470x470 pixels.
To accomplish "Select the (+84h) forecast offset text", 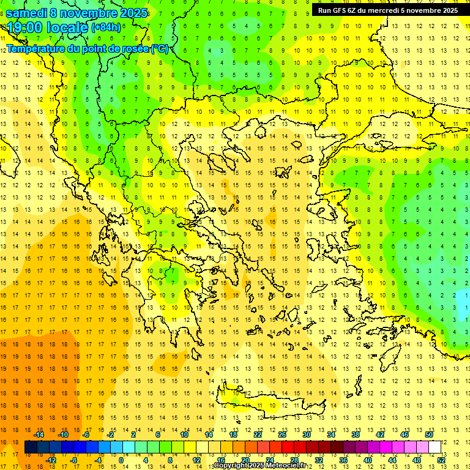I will pyautogui.click(x=106, y=28).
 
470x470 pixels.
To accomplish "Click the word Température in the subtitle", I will pyautogui.click(x=37, y=48).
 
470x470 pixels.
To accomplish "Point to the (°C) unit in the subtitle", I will pyautogui.click(x=160, y=48).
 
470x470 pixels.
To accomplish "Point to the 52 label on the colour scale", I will pyautogui.click(x=441, y=460).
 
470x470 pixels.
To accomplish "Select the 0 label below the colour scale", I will pyautogui.click(x=121, y=460).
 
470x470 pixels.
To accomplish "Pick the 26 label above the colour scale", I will pyautogui.click(x=282, y=435).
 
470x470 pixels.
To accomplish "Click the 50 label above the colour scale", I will pyautogui.click(x=429, y=435).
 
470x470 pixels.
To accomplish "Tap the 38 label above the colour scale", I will pyautogui.click(x=356, y=435).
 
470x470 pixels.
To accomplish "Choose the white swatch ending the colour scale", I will pyautogui.click(x=435, y=447).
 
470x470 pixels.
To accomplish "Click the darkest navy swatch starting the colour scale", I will pyautogui.click(x=31, y=447).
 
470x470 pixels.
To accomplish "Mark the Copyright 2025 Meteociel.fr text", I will pyautogui.click(x=260, y=466).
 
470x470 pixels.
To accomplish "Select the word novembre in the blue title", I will pyautogui.click(x=89, y=13).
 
